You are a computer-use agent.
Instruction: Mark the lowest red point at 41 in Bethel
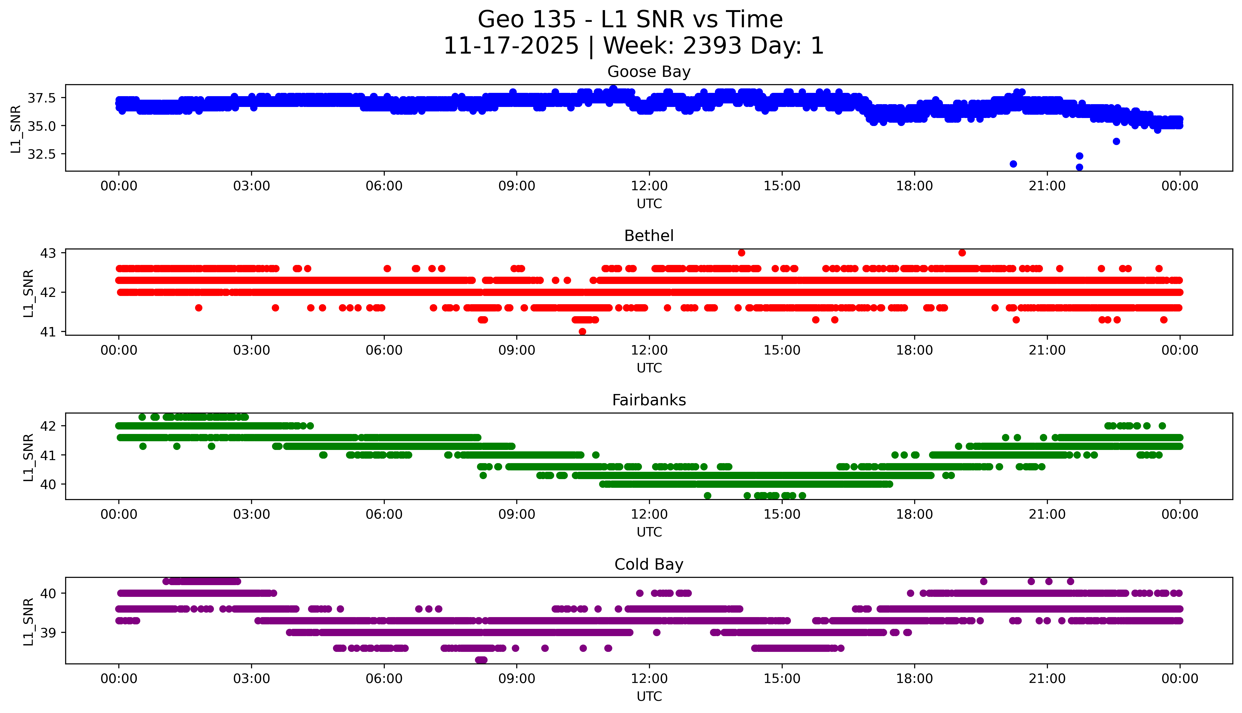(x=582, y=331)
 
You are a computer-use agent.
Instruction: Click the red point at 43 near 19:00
(x=962, y=253)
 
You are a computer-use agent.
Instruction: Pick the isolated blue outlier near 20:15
(x=1013, y=164)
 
